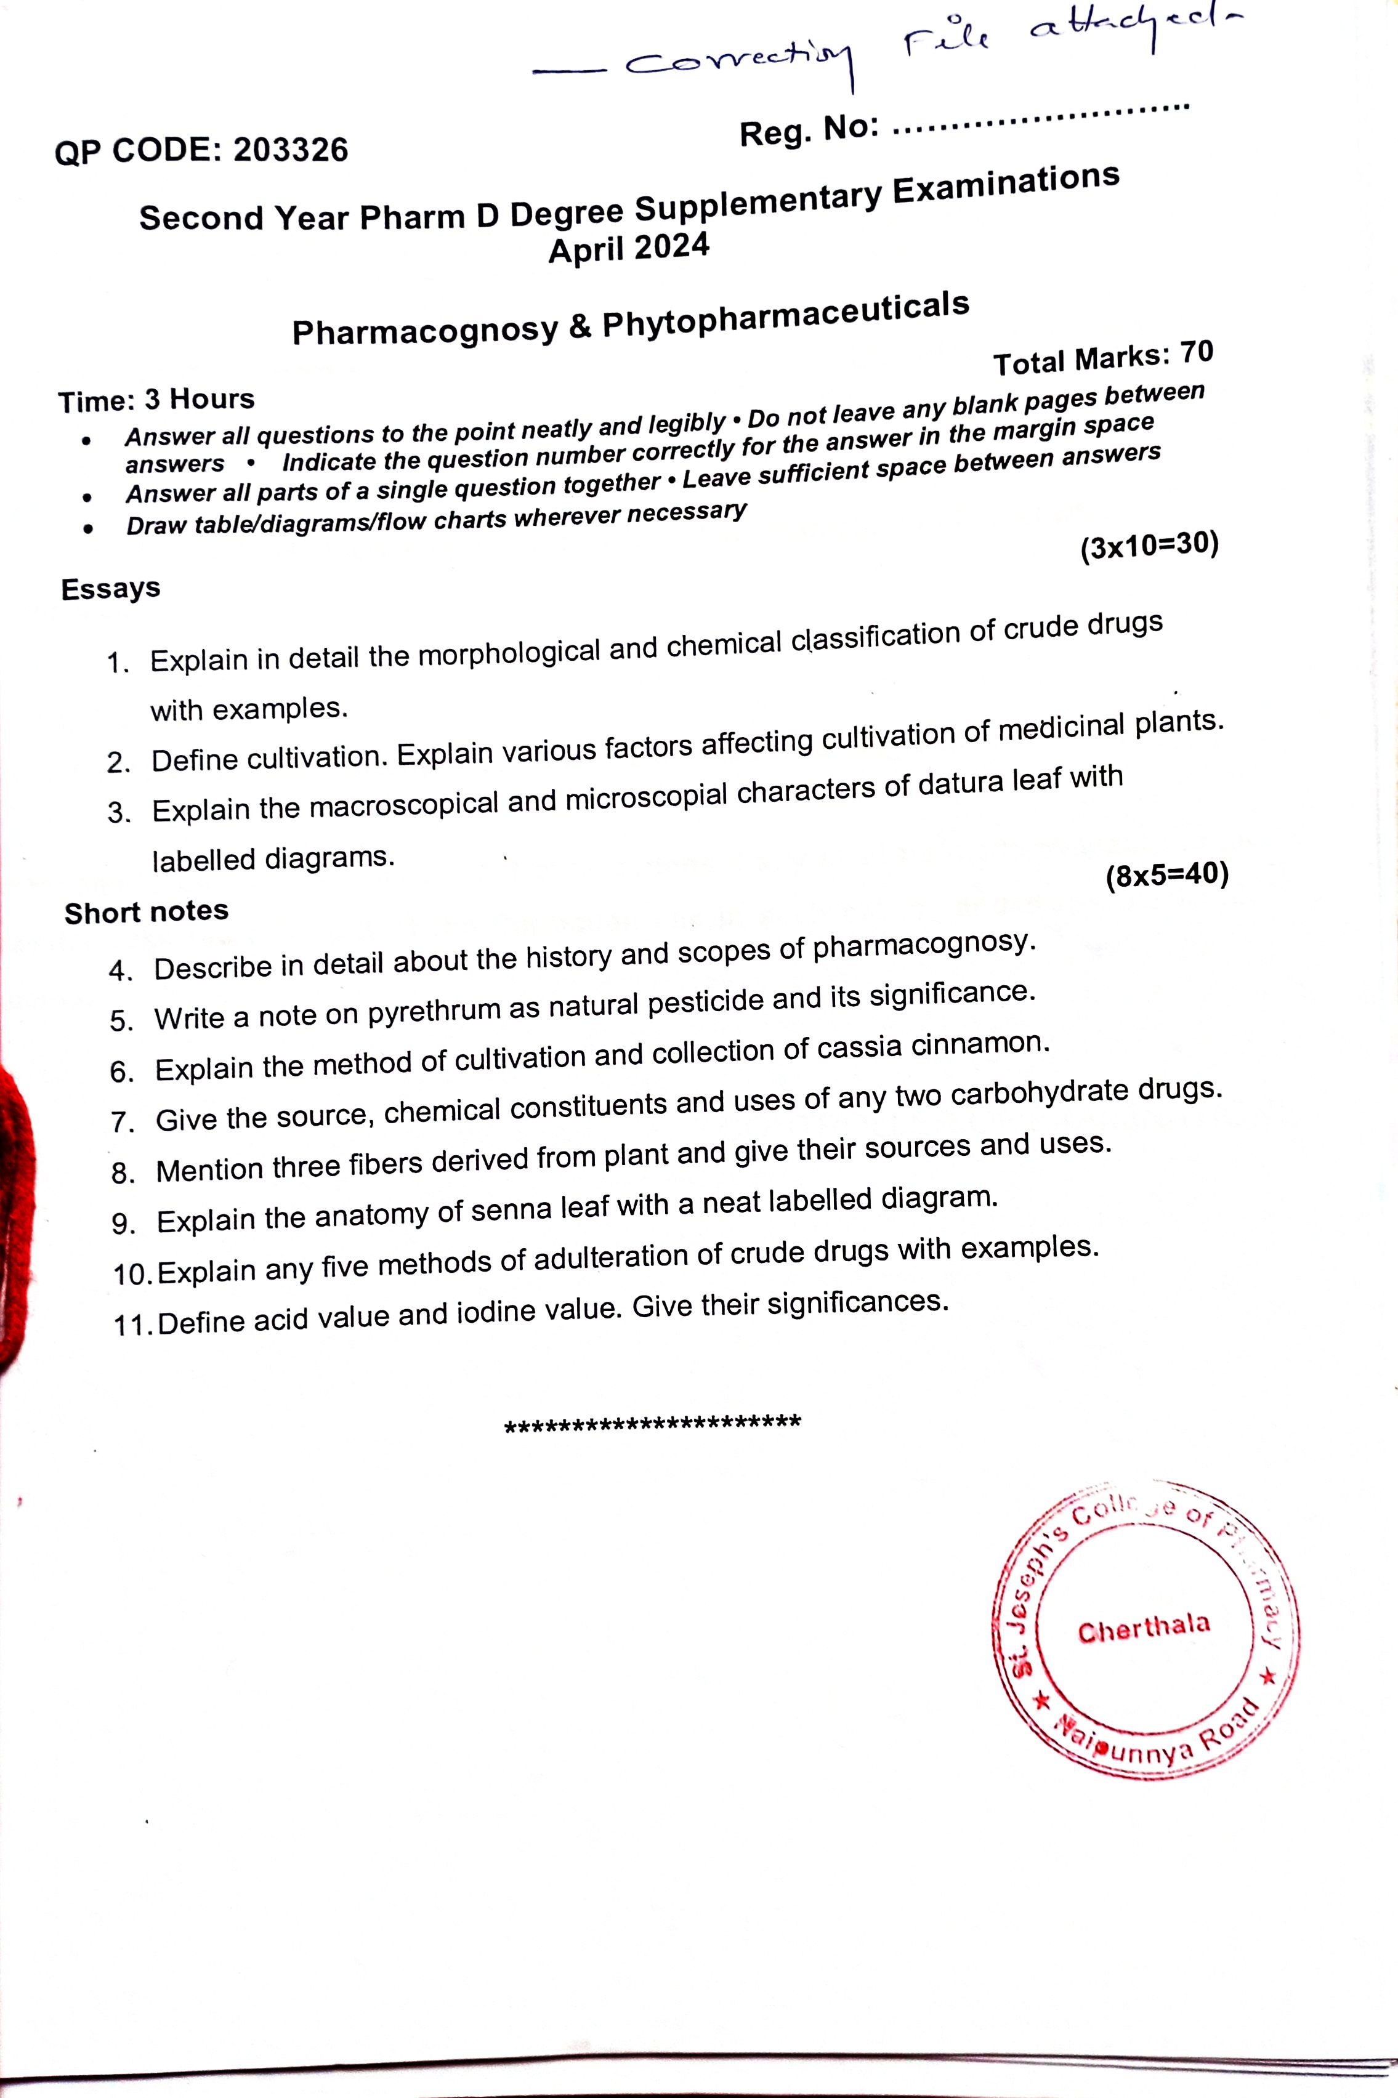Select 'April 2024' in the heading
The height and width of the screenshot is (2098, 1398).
tap(629, 248)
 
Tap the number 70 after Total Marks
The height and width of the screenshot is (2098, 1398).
tap(1197, 353)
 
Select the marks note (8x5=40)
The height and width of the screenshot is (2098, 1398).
tap(1167, 875)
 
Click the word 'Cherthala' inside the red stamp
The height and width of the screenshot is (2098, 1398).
tap(1144, 1629)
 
